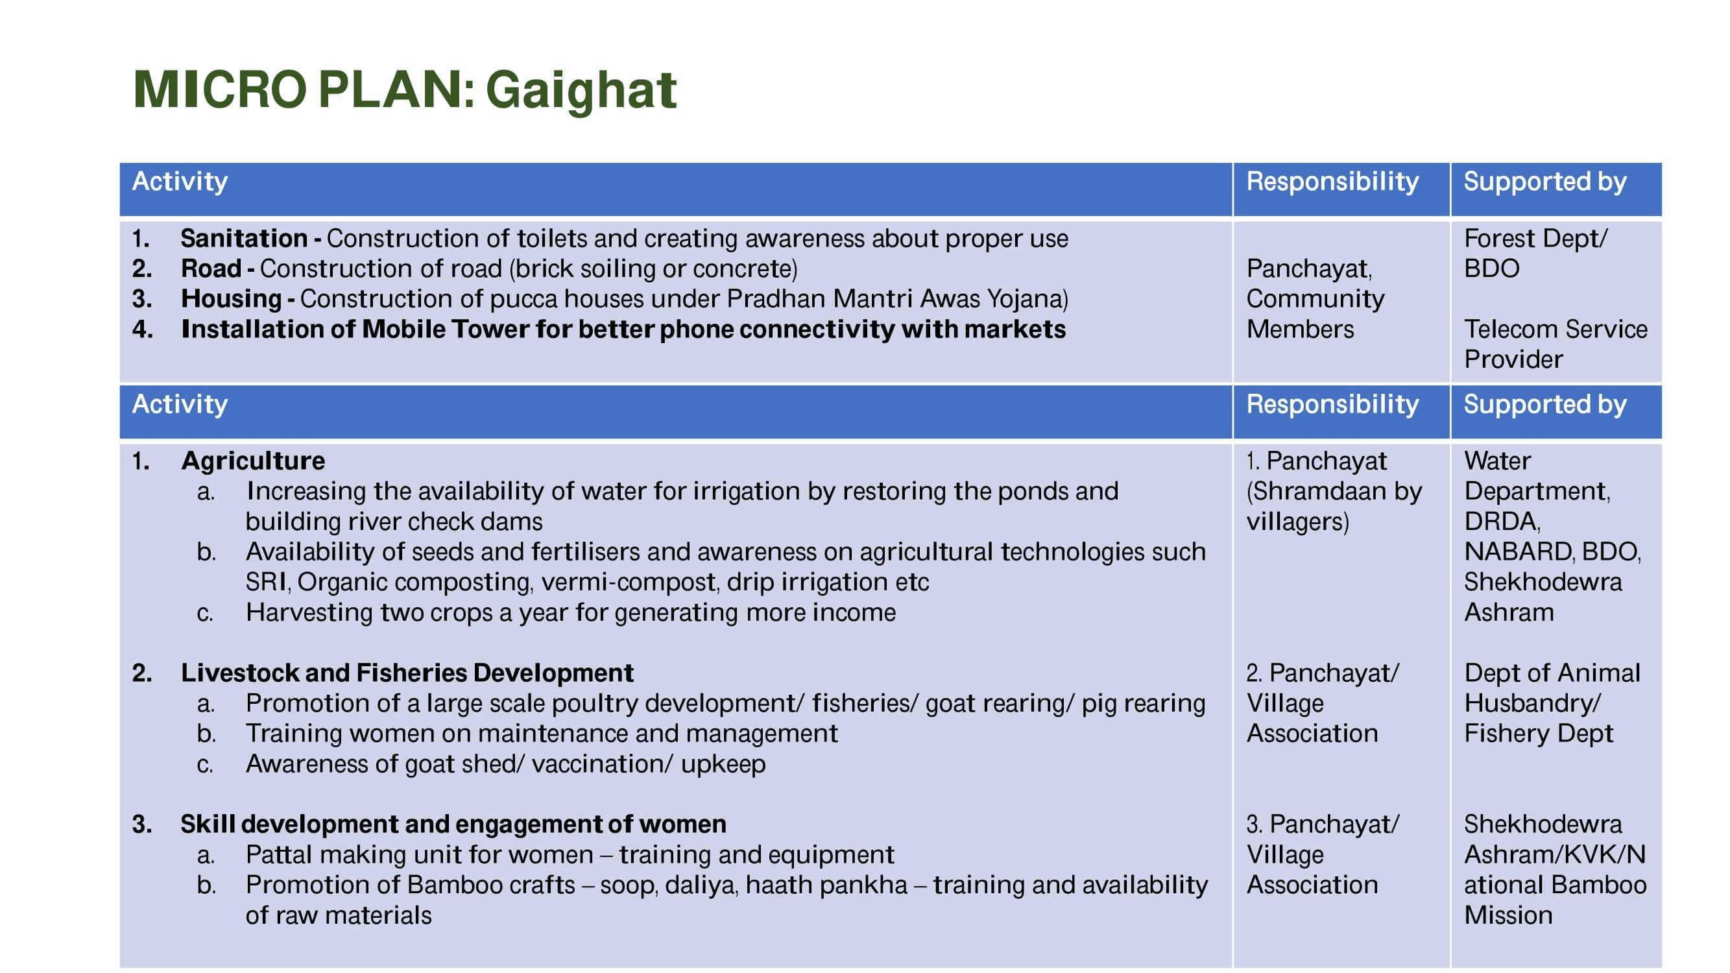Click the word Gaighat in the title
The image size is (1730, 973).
[x=581, y=91]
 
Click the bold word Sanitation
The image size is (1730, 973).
[x=244, y=238]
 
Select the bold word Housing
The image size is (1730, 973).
[x=231, y=299]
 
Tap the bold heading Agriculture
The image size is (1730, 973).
[x=253, y=461]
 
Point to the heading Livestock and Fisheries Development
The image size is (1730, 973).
[x=407, y=673]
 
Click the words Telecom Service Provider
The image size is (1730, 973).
[x=1556, y=344]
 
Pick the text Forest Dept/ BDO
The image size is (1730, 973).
[x=1536, y=253]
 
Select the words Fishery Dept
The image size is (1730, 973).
[x=1539, y=733]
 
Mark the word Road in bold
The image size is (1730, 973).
[x=211, y=269]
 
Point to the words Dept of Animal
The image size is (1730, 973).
[x=1552, y=673]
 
